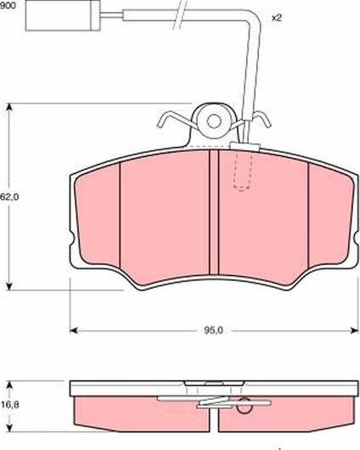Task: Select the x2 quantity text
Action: pos(276,17)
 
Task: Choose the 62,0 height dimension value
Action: pos(9,196)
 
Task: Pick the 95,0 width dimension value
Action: pos(213,330)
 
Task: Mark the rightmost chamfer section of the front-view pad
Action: pos(327,217)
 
